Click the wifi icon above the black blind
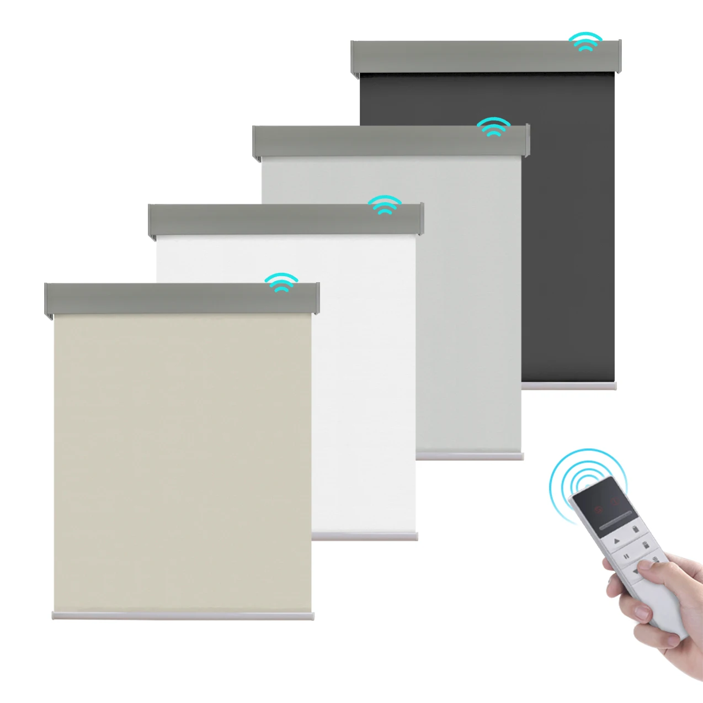pos(585,41)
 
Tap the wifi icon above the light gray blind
pos(493,126)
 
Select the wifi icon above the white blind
pos(385,204)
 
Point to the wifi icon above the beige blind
pos(281,282)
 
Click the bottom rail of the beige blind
pos(182,615)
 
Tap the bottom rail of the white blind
pos(365,536)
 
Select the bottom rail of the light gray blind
pos(470,456)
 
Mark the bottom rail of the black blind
pos(569,386)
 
